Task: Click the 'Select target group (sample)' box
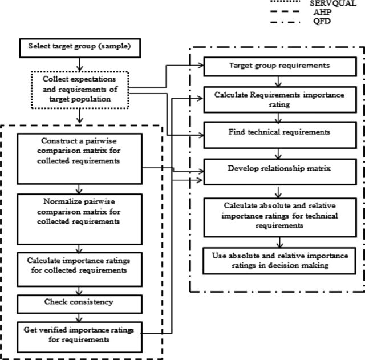[80, 48]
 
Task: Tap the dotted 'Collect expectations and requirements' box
[80, 90]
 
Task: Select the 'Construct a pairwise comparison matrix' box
[79, 159]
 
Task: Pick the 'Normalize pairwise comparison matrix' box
[79, 219]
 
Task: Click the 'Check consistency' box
[79, 304]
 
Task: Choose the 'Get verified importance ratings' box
[79, 337]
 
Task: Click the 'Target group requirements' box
[280, 67]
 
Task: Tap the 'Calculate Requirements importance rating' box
[280, 100]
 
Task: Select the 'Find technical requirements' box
[280, 135]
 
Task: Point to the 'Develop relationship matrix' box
[280, 172]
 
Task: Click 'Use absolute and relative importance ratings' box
[279, 261]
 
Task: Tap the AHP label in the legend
[322, 11]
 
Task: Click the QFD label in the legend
[322, 21]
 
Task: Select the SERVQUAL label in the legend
[333, 3]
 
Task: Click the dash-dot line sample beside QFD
[285, 22]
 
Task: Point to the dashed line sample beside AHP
[285, 11]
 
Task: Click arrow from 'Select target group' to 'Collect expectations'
[80, 64]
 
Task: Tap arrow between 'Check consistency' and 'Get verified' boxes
[79, 318]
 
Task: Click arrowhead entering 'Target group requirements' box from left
[201, 65]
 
